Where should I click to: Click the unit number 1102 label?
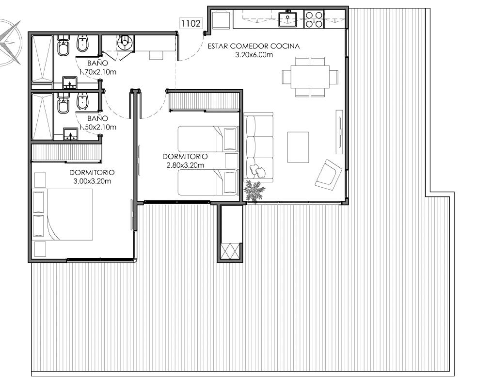pyautogui.click(x=191, y=23)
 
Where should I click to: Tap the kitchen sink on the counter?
pyautogui.click(x=287, y=19)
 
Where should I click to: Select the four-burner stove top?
pyautogui.click(x=314, y=19)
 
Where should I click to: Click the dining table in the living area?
pyautogui.click(x=310, y=77)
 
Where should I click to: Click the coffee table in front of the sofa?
pyautogui.click(x=298, y=147)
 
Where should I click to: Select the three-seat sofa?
pyautogui.click(x=258, y=147)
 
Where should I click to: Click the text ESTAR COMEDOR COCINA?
pyautogui.click(x=254, y=46)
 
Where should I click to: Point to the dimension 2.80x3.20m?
pyautogui.click(x=185, y=165)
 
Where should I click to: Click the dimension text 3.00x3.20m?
pyautogui.click(x=92, y=181)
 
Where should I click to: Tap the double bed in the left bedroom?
pyautogui.click(x=63, y=214)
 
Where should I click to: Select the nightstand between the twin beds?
pyautogui.click(x=232, y=161)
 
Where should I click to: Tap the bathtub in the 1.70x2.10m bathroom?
pyautogui.click(x=43, y=59)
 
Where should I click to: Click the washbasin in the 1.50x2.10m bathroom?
pyautogui.click(x=71, y=134)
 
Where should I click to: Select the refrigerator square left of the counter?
pyautogui.click(x=221, y=19)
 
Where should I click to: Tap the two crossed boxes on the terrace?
pyautogui.click(x=230, y=251)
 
